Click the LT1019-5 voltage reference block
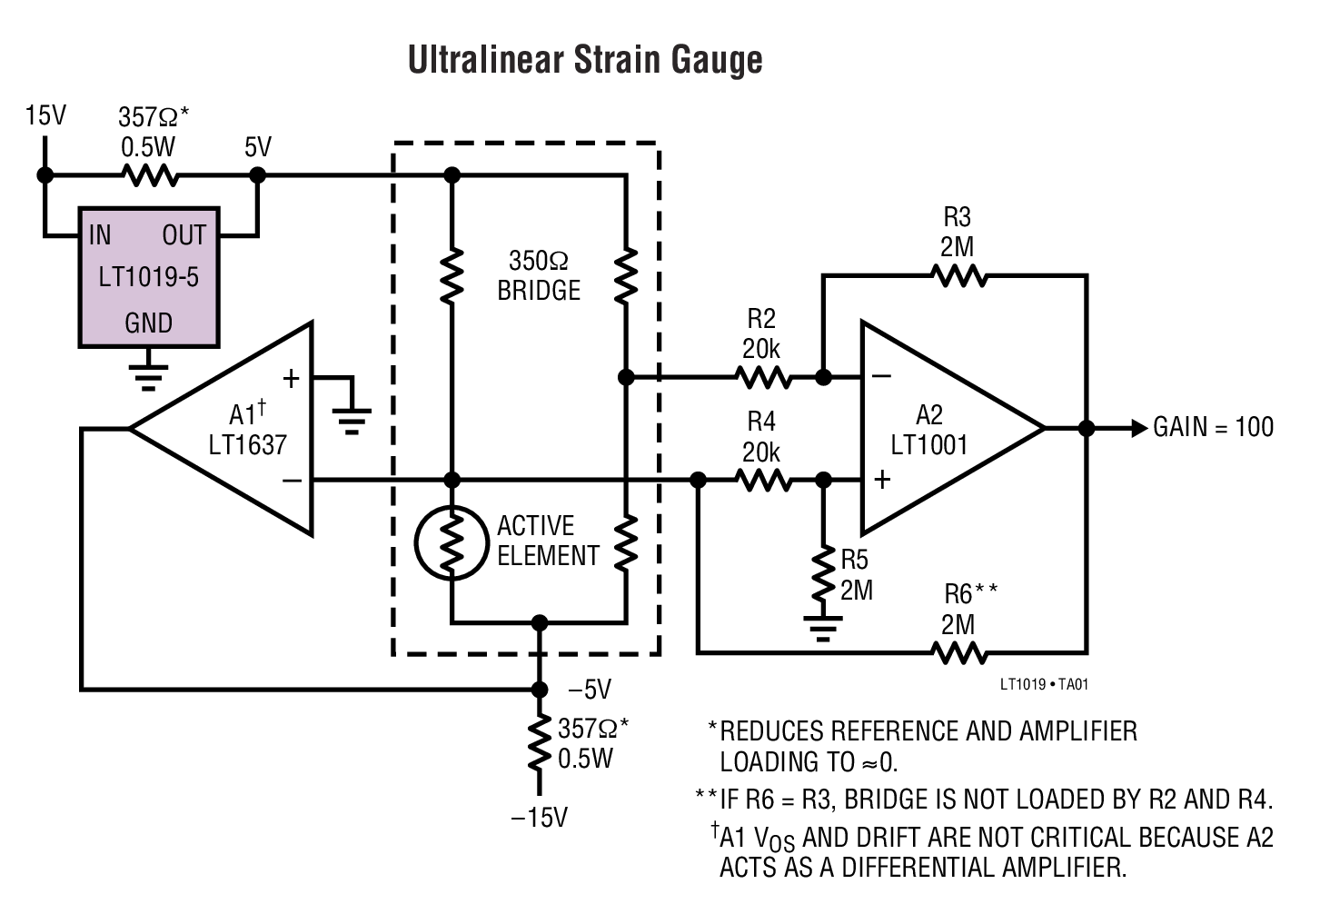coord(149,277)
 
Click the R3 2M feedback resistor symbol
coord(958,275)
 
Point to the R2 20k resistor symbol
coord(763,377)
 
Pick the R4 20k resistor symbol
coord(763,481)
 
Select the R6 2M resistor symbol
coord(958,652)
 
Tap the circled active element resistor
coord(452,543)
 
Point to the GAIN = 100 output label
coord(1213,427)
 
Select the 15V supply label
coord(45,115)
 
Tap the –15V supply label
coord(539,818)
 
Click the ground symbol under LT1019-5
coord(148,374)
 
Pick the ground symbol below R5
coord(823,628)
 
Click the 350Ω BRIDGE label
coord(538,275)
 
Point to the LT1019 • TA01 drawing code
coord(1043,684)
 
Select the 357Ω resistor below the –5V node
coord(540,743)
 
